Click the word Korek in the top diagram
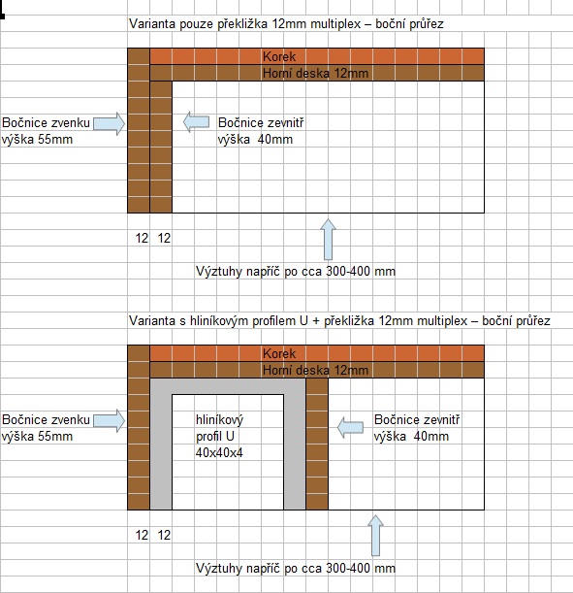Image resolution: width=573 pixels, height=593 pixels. [279, 56]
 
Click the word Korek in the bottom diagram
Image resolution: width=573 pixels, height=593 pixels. [279, 353]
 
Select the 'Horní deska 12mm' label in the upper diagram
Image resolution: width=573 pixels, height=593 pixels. [315, 73]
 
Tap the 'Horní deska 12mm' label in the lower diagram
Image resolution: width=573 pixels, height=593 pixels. [315, 370]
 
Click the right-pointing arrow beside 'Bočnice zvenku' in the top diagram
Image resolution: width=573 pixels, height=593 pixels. [110, 123]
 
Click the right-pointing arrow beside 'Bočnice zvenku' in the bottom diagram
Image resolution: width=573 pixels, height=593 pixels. [110, 420]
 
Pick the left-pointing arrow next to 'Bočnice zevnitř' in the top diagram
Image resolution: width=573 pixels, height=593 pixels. [196, 121]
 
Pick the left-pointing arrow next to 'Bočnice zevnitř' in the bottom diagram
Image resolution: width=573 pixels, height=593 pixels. [350, 428]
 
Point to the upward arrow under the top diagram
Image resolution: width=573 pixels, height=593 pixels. [329, 240]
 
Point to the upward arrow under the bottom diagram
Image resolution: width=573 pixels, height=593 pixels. [375, 536]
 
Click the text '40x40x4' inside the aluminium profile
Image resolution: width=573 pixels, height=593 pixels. [219, 452]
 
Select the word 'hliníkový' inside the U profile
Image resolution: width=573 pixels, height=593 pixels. [219, 420]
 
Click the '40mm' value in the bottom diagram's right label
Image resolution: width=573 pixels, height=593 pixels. [431, 436]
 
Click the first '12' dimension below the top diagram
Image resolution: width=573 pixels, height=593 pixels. [142, 238]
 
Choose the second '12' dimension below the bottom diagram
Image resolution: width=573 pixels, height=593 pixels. [164, 535]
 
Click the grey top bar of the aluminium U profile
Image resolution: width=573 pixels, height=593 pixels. [228, 386]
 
